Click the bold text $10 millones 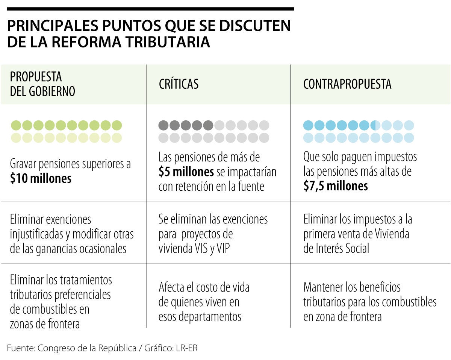point(41,178)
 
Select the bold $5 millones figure point(186,172)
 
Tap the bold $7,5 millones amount point(335,186)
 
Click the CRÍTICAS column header point(179,84)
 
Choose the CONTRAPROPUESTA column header point(347,84)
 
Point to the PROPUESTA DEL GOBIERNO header point(42,84)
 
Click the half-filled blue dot point(375,125)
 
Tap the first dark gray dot point(163,125)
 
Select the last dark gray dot point(208,125)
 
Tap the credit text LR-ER point(186,348)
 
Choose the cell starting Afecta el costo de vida point(204,302)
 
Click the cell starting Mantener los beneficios point(370,302)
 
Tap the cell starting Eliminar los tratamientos point(61,302)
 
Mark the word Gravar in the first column point(24,164)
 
